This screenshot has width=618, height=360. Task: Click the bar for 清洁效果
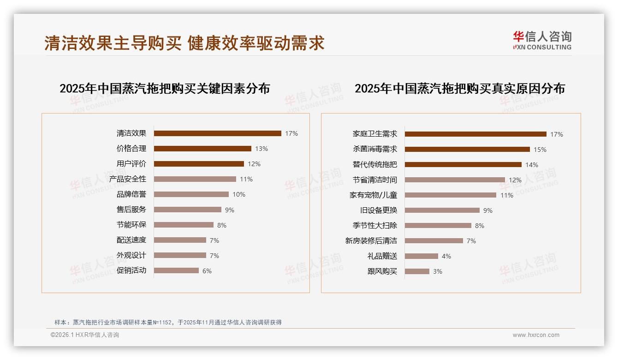pos(217,133)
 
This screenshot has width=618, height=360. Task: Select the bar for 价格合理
pos(202,149)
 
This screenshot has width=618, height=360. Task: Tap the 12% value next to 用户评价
pos(254,164)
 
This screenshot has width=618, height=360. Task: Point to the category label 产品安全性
pos(128,179)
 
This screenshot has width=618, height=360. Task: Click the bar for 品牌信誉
pos(191,194)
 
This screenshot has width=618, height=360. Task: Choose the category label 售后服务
pos(131,210)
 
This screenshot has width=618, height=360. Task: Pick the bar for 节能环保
pos(184,225)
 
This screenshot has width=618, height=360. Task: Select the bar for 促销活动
pos(176,270)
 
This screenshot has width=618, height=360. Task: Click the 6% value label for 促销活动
pos(207,271)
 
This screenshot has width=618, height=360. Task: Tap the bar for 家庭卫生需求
pos(475,134)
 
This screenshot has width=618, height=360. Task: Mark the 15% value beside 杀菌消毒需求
pos(540,150)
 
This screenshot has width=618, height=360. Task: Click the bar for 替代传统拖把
pos(463,165)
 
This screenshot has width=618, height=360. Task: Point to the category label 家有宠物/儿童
pos(373,195)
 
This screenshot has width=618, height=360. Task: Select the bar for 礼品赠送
pos(422,256)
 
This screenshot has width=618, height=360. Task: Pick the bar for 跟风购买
pos(417,271)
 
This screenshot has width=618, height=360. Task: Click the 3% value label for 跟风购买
pos(438,271)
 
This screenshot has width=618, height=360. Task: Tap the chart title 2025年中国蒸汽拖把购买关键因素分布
pos(165,89)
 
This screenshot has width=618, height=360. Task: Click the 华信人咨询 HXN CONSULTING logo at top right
pos(542,41)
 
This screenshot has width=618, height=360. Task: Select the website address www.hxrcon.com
pos(536,335)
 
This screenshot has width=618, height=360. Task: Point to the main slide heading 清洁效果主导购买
pos(113,43)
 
